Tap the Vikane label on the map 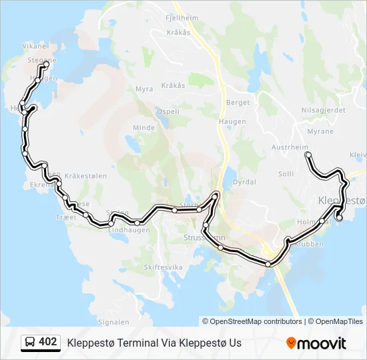point(35,47)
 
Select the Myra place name point(144,89)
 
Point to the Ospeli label point(167,111)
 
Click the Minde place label point(143,127)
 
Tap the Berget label point(238,103)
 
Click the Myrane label point(320,131)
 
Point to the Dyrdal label point(244,181)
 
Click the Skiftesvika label point(163,267)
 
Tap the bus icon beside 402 point(30,343)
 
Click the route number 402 point(48,343)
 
